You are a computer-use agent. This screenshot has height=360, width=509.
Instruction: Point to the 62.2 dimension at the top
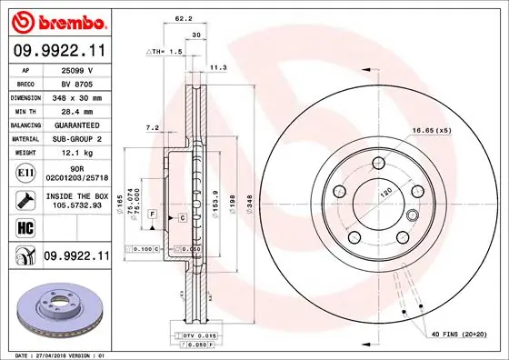184,17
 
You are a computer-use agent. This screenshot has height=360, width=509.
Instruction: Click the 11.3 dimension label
218,67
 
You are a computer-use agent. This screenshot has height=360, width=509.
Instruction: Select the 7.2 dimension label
152,128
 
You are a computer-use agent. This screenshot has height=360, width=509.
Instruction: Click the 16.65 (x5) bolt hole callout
432,131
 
